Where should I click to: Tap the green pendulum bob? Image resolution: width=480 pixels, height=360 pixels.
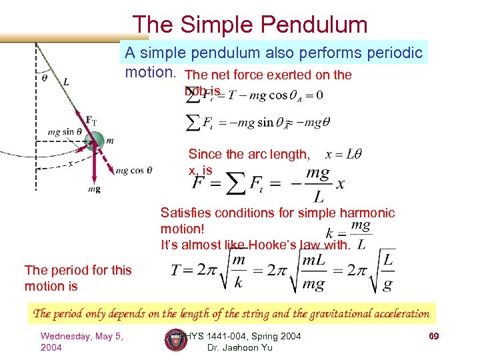click(x=95, y=141)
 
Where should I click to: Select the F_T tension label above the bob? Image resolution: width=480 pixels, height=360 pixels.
click(x=91, y=120)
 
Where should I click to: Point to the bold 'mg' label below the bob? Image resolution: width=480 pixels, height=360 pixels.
click(x=95, y=189)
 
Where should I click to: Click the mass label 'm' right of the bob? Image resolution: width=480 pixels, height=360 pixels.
click(x=110, y=140)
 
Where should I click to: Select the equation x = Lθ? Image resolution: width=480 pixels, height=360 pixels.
click(x=344, y=154)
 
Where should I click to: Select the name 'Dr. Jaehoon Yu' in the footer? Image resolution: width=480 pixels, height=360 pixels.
click(x=235, y=347)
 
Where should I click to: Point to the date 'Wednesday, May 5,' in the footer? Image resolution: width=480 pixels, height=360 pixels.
click(x=81, y=335)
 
